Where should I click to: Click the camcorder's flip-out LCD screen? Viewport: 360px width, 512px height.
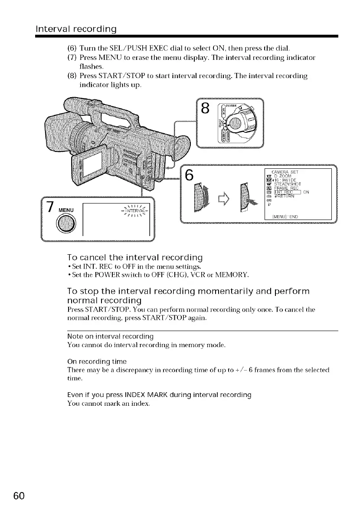[x=89, y=165]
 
